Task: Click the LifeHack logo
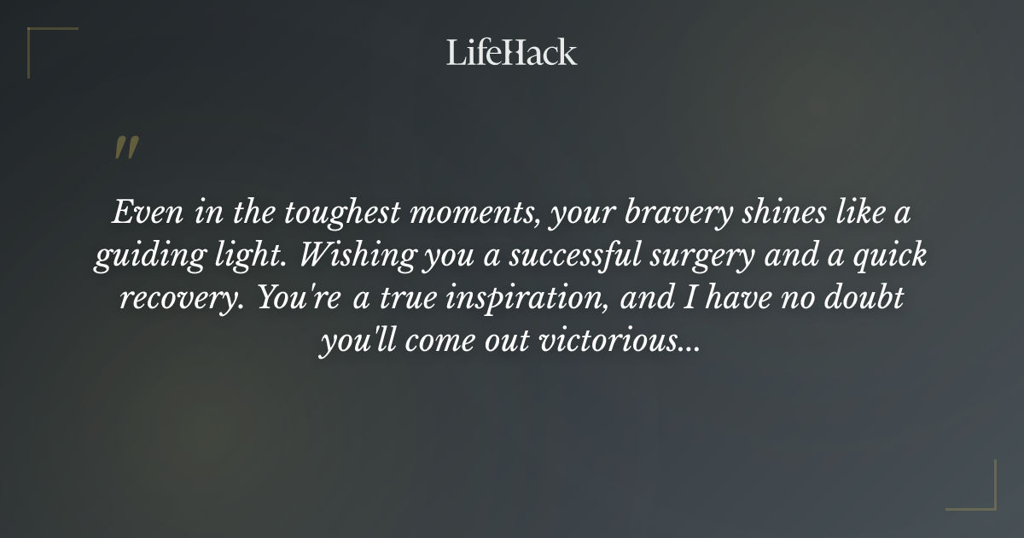click(511, 52)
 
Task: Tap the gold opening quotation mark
click(125, 148)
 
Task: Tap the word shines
click(783, 213)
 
